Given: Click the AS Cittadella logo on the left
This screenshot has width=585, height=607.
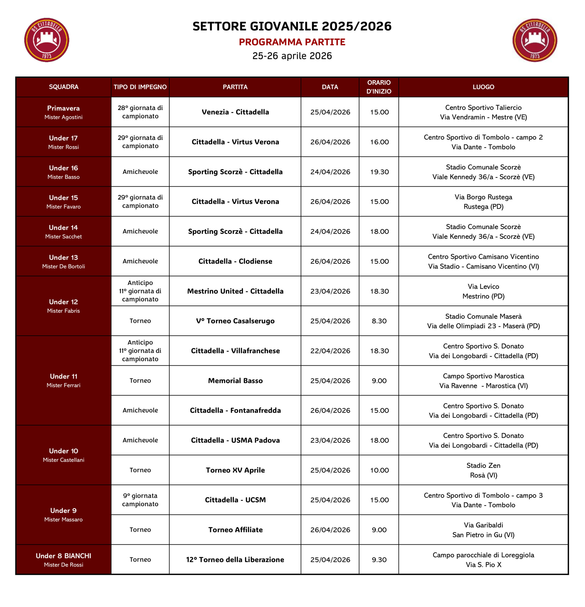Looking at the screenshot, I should click(x=46, y=40).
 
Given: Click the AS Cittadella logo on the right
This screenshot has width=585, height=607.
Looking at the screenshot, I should click(x=534, y=40).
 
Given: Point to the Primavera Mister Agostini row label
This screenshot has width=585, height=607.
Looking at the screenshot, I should click(x=64, y=112).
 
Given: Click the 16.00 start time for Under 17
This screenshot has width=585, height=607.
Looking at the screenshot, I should click(x=379, y=142).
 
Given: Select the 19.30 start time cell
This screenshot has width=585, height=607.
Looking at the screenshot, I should click(x=379, y=172).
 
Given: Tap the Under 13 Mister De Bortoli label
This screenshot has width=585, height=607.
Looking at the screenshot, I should click(x=64, y=261).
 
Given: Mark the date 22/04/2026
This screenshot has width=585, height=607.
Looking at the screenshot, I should click(x=330, y=351).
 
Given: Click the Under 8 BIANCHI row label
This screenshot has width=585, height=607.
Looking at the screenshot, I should click(x=64, y=560).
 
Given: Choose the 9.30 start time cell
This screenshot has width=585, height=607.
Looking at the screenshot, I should click(x=379, y=560).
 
